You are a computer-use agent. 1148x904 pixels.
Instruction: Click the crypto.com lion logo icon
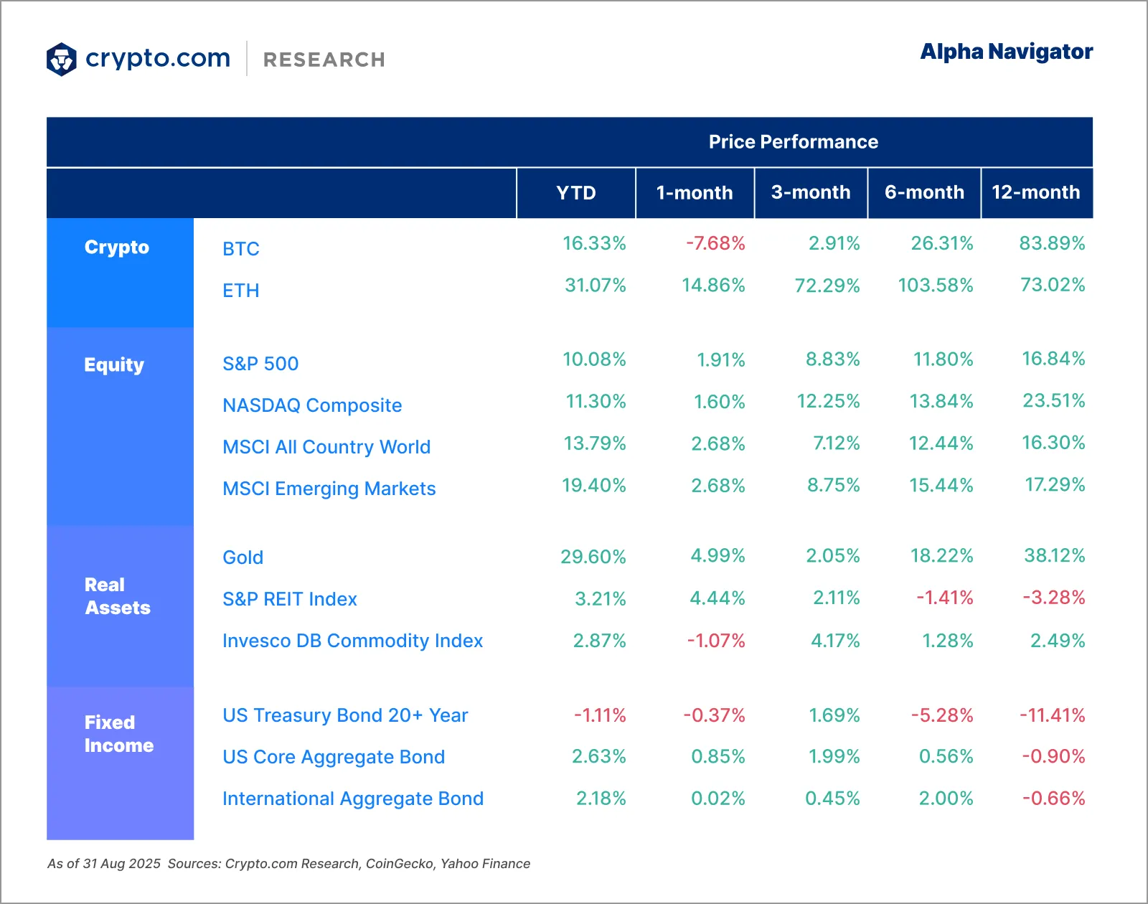coord(62,59)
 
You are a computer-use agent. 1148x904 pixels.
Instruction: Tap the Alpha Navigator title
coord(1006,52)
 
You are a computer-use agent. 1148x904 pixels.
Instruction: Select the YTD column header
coord(575,193)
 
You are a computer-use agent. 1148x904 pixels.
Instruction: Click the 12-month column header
coord(1035,192)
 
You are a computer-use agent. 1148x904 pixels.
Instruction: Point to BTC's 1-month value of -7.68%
coord(715,244)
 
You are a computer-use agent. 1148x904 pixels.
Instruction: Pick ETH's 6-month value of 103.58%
coord(935,286)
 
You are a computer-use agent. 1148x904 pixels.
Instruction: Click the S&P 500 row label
coord(260,364)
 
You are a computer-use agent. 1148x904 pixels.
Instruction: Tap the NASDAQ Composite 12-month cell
coord(1053,400)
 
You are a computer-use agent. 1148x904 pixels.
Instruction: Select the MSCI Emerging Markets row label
coord(329,489)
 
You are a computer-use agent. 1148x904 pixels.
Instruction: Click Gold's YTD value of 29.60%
coord(593,557)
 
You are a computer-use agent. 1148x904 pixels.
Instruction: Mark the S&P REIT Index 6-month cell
coord(944,598)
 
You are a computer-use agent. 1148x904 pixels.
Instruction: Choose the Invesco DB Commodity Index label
coord(352,641)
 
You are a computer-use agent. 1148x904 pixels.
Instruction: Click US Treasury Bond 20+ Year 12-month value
coord(1052,715)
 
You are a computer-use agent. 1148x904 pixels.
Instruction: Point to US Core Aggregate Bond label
coord(334,757)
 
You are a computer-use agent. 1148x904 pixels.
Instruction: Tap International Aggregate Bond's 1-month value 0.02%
coord(717,799)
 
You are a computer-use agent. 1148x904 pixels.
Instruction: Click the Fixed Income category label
coord(118,734)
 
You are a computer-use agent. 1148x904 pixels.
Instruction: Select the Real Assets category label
coord(117,596)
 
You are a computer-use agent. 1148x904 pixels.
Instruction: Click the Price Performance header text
coord(793,142)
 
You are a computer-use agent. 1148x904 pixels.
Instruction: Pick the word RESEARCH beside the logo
coord(324,60)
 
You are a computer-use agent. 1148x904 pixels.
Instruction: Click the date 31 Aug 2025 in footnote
coord(121,864)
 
